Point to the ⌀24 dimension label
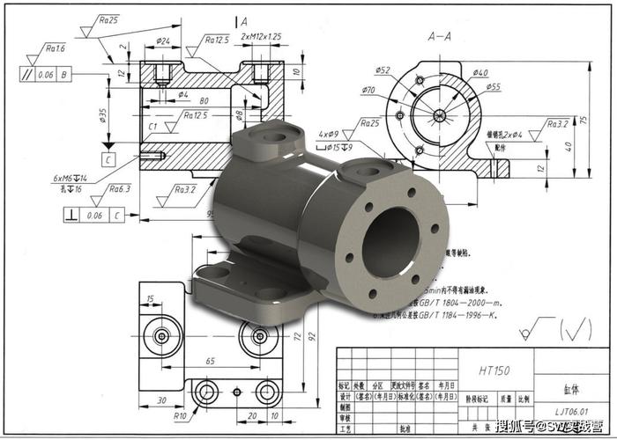163,40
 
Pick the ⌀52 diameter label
383,70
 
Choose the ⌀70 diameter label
368,90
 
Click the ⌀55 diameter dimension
493,86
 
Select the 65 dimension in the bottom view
210,362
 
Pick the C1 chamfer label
152,127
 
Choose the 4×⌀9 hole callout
330,135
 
